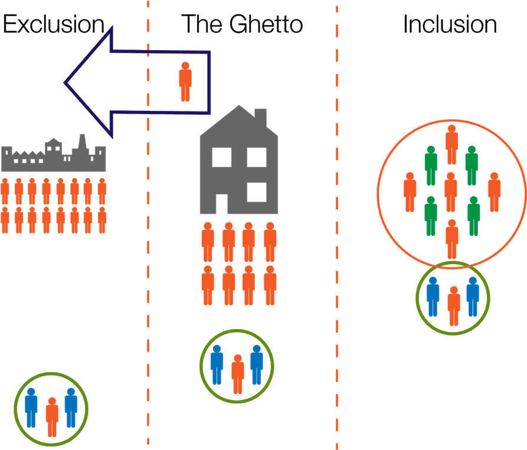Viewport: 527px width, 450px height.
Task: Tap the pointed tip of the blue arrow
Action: point(66,83)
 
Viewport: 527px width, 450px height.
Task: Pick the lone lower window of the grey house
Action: point(257,192)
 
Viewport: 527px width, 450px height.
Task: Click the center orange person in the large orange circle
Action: point(451,192)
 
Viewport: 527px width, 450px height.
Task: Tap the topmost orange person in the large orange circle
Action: point(452,144)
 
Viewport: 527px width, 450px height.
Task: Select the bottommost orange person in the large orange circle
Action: point(452,238)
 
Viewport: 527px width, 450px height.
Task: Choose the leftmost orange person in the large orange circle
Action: point(410,192)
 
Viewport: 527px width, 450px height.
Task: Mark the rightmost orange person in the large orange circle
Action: point(495,192)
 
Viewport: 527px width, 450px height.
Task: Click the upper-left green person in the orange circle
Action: point(431,165)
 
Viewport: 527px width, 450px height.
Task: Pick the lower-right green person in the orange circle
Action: point(473,216)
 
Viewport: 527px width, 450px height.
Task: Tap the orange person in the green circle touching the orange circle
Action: point(453,306)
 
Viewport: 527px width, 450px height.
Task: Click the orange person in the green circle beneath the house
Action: point(237,374)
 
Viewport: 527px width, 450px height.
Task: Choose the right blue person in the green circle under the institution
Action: point(71,407)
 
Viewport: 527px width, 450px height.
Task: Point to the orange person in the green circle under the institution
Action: point(52,417)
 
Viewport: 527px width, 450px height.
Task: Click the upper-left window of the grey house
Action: point(222,157)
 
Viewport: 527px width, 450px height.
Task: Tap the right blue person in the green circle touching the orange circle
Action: point(473,297)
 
